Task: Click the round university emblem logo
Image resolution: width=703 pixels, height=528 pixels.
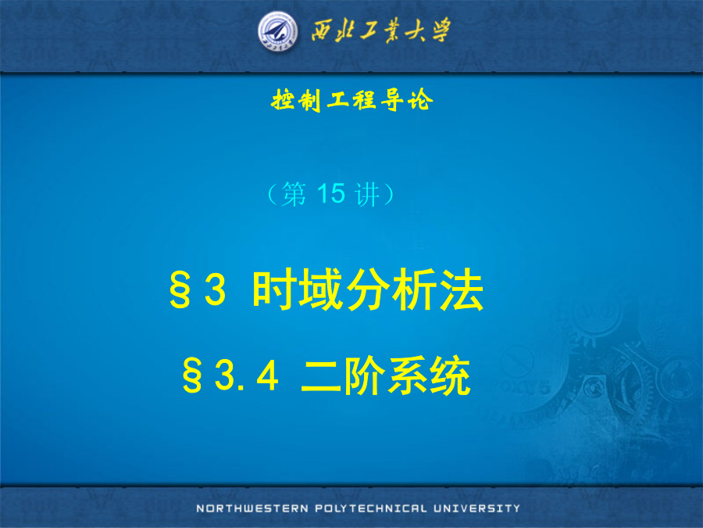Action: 278,31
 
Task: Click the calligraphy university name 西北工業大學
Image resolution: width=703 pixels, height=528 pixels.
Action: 381,31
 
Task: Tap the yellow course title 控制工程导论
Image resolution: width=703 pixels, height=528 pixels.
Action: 352,99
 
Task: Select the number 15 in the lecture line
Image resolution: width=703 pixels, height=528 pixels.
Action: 331,193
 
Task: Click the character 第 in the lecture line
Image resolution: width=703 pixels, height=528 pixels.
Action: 294,195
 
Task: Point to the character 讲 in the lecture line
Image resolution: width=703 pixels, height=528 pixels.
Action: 367,195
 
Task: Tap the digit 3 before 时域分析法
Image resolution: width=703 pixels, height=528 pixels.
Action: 216,289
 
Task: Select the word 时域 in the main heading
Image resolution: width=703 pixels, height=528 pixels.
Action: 298,289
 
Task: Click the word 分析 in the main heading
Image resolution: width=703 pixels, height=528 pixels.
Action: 391,289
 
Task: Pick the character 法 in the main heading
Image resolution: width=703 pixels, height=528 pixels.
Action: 462,289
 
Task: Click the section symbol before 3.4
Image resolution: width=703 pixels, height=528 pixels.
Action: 192,375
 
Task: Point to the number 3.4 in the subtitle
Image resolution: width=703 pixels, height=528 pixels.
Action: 247,375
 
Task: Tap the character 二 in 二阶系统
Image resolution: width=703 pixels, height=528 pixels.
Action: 322,375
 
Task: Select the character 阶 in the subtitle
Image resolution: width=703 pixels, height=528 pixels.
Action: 365,375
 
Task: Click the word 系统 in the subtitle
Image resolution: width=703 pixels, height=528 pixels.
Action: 429,375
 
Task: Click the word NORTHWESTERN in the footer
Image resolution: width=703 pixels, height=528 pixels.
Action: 252,508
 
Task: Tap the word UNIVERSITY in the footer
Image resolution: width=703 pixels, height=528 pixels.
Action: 477,508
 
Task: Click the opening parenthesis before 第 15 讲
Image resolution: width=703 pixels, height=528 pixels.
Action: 272,195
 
